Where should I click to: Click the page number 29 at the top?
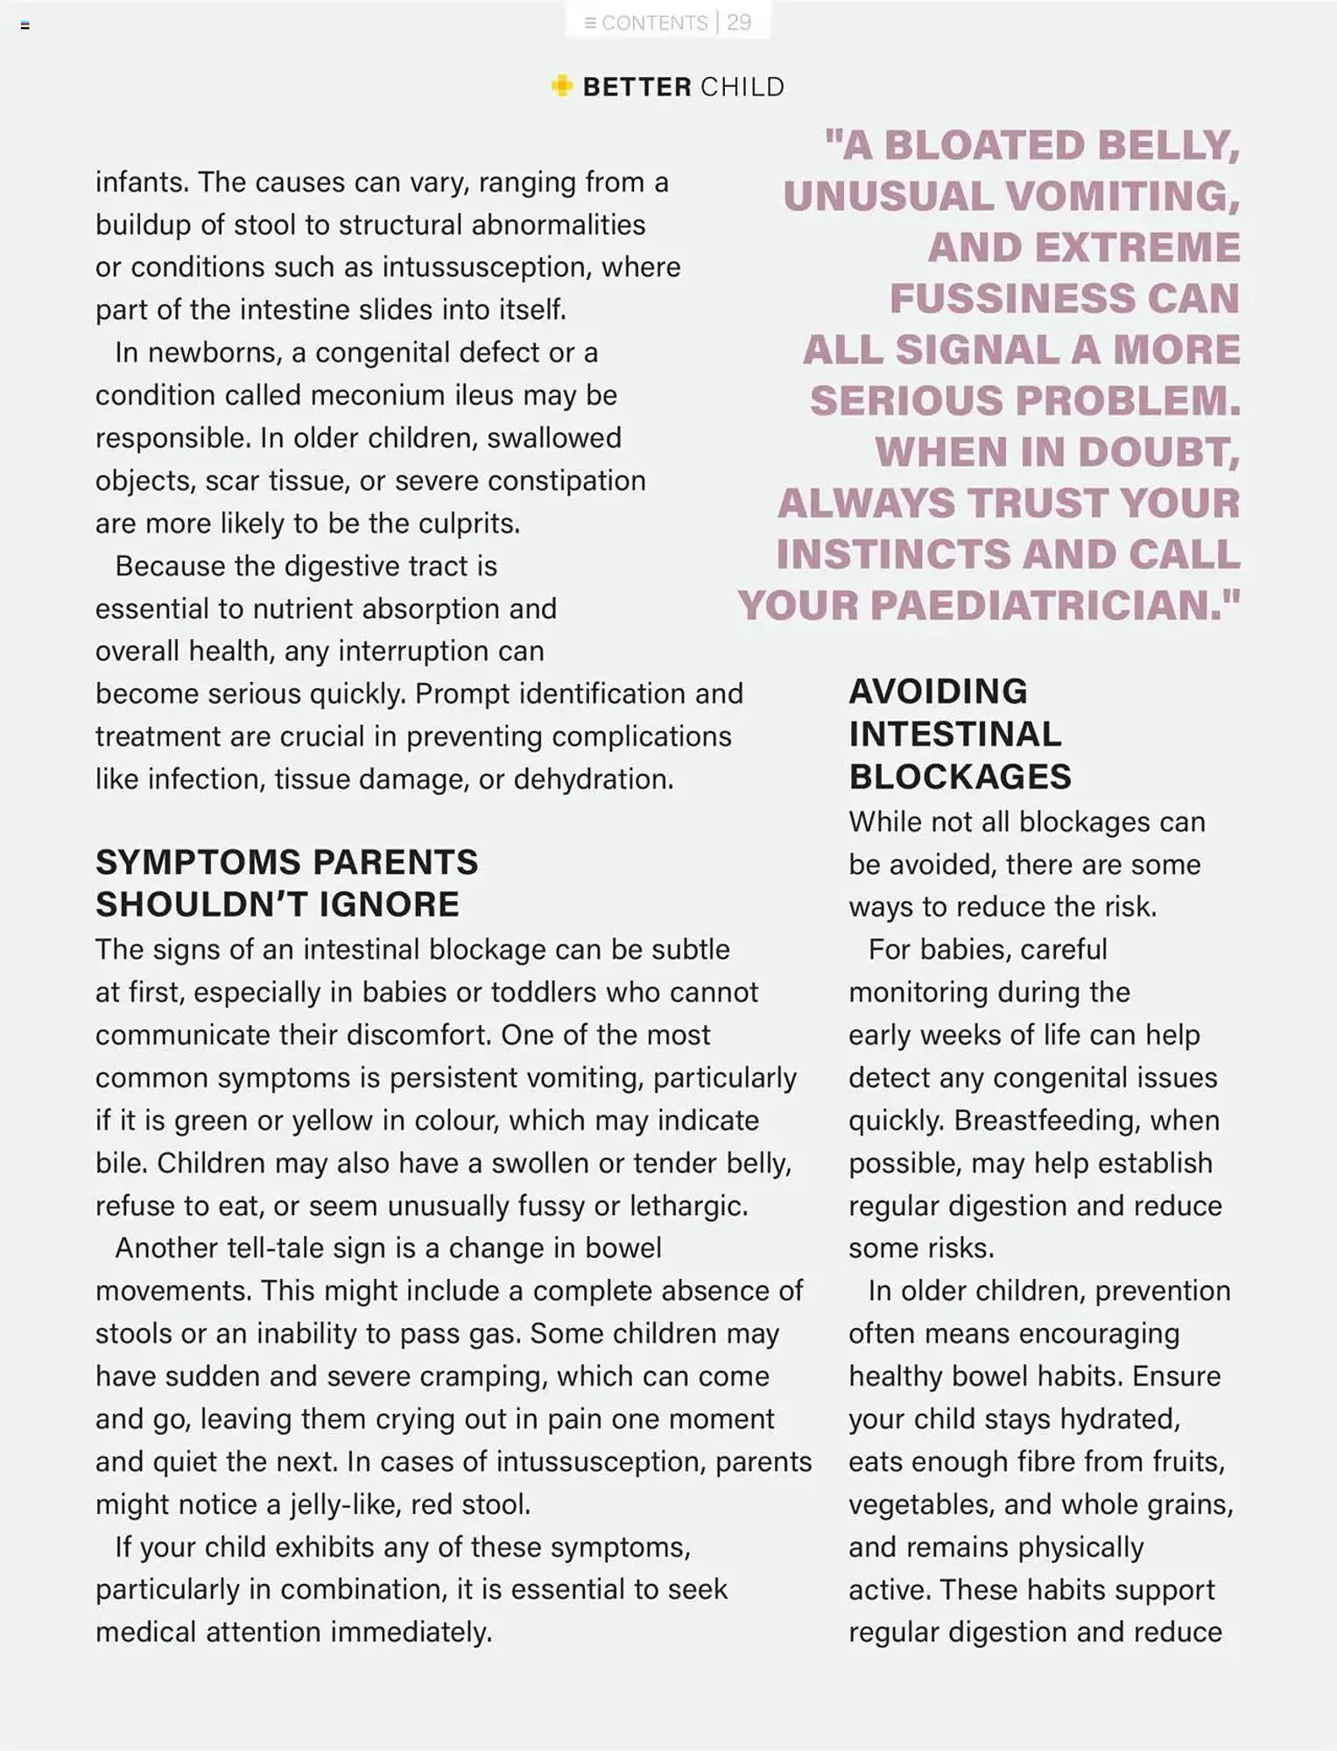(739, 22)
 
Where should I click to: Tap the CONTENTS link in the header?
(653, 23)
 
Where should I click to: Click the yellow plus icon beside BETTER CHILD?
(561, 86)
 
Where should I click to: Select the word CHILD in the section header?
(742, 87)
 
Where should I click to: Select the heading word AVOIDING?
(938, 692)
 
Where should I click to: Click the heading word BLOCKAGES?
(960, 777)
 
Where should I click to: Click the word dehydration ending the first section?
(593, 778)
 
